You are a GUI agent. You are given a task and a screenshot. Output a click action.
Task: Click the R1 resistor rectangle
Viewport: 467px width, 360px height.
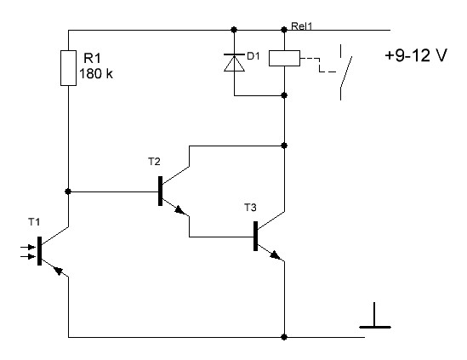(69, 68)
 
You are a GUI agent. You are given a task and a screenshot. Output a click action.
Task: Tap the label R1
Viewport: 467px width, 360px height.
(93, 58)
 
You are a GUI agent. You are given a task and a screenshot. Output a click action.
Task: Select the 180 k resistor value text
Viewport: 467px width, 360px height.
(96, 73)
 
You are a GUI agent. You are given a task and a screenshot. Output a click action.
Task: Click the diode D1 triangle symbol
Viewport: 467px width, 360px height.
(235, 63)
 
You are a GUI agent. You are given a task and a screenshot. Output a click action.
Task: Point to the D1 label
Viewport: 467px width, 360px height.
(253, 55)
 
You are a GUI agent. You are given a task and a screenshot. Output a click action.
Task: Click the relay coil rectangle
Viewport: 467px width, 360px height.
(284, 58)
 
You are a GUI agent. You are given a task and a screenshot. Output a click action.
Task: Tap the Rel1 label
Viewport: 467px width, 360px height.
(302, 26)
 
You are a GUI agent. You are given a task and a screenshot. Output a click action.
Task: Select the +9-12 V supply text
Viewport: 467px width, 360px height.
(416, 55)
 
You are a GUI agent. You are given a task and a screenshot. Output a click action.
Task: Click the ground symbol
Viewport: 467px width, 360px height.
(375, 316)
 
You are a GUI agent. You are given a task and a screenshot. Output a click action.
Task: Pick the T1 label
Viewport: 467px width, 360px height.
(34, 222)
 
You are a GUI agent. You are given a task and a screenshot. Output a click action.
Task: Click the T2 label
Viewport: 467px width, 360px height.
(154, 162)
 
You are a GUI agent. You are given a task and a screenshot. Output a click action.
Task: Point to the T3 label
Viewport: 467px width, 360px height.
(250, 207)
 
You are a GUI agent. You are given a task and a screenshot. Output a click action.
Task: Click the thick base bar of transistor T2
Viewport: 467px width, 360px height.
(160, 191)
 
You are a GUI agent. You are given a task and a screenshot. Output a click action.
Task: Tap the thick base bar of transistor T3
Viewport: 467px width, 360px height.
(255, 236)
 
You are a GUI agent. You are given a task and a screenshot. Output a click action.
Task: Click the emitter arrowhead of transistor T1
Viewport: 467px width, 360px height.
(58, 270)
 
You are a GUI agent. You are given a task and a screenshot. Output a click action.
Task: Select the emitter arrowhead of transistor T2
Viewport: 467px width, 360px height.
(179, 210)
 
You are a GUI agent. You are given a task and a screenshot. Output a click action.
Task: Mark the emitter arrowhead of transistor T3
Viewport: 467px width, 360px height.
(276, 254)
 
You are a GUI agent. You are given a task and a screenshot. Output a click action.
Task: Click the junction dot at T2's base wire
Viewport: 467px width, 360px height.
(68, 191)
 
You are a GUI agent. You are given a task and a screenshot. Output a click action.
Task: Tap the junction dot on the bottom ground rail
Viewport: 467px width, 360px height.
(284, 337)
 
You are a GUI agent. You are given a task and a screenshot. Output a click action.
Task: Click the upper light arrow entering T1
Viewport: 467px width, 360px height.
(28, 247)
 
